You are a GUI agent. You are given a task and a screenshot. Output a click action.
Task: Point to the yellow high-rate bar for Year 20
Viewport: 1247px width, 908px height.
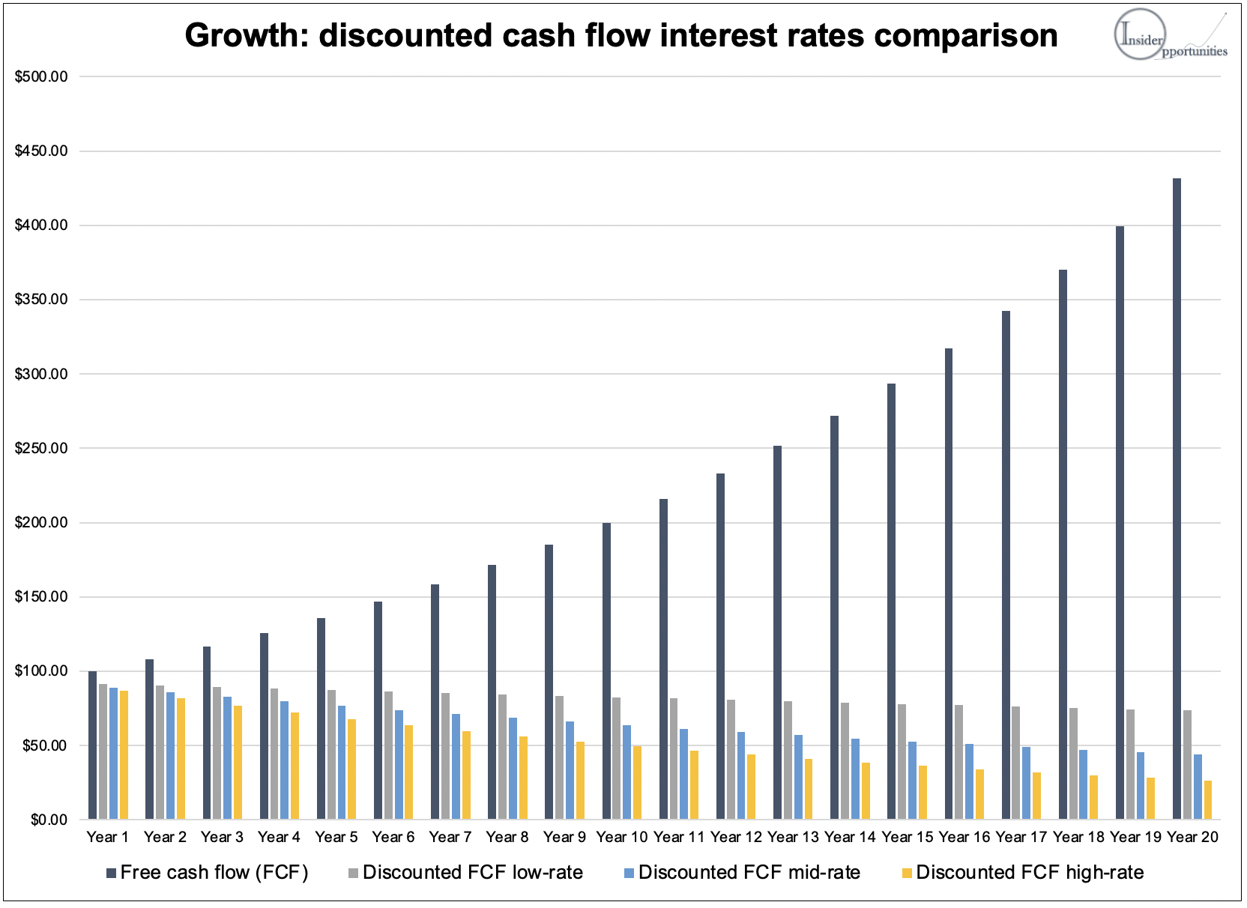[1207, 799]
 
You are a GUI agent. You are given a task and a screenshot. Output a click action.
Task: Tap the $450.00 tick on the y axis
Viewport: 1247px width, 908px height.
[41, 151]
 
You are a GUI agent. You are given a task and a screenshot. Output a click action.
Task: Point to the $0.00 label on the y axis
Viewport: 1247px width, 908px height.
[49, 820]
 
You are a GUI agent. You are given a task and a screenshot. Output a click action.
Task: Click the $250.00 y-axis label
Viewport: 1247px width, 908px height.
[41, 448]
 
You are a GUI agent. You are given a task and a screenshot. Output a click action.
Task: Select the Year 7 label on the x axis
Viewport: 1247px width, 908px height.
[450, 837]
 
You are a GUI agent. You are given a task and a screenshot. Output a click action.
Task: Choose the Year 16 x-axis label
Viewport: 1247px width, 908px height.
[964, 837]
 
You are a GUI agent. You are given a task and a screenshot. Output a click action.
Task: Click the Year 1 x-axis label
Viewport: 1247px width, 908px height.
[107, 837]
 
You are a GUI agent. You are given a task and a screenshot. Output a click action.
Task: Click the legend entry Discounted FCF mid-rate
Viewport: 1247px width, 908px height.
[749, 872]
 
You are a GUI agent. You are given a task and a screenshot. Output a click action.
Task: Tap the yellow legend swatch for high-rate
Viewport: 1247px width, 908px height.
[907, 873]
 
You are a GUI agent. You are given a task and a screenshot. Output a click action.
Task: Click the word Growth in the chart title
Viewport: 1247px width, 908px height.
[245, 36]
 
